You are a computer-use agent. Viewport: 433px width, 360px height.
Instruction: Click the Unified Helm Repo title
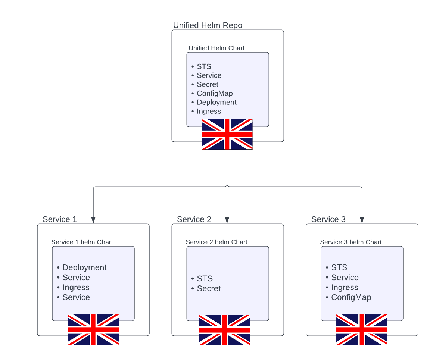pos(208,25)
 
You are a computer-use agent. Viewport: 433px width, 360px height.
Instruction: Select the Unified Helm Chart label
pos(216,48)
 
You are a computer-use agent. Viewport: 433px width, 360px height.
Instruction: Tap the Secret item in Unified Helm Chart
pos(208,84)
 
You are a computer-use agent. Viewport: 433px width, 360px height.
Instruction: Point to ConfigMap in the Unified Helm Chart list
pos(215,93)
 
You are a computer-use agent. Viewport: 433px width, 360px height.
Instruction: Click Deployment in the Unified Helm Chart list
pos(216,102)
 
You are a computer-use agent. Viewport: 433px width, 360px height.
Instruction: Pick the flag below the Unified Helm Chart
pos(227,134)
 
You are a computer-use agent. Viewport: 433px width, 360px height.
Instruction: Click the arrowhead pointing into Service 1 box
pos(93,220)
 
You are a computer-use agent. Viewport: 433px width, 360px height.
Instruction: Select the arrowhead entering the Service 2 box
pos(227,220)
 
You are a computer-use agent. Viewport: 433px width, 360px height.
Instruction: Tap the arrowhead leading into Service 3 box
pos(362,220)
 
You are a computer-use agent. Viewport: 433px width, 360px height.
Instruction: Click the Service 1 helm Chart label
pos(82,242)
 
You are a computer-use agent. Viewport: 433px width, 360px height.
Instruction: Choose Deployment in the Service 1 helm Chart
pos(84,267)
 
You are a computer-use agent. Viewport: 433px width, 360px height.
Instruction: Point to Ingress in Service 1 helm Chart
pos(76,287)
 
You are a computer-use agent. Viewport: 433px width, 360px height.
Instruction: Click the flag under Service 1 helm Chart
pos(93,329)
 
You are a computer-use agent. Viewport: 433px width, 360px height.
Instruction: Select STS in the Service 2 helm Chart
pos(205,279)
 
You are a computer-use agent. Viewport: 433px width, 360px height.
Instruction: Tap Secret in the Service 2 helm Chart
pos(209,288)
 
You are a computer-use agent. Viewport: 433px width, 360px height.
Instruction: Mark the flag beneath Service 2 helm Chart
pos(224,330)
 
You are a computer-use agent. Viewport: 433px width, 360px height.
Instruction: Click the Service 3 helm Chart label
pos(351,242)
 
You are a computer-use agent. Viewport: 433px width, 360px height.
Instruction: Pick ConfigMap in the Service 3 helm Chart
pos(351,297)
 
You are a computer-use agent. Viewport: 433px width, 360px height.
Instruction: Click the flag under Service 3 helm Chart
pos(362,329)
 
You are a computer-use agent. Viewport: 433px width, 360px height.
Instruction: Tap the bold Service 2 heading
pos(194,219)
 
